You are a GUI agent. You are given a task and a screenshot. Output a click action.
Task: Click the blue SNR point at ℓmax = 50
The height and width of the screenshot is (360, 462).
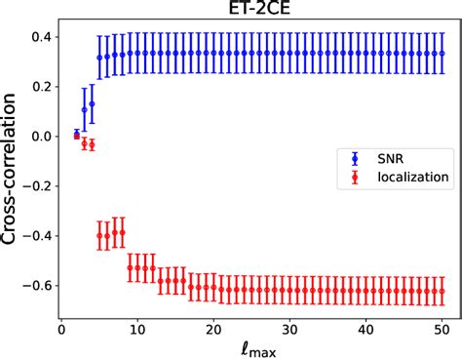[442, 54]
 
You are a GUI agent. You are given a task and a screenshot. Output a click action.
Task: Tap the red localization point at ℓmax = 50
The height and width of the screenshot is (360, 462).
[442, 290]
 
